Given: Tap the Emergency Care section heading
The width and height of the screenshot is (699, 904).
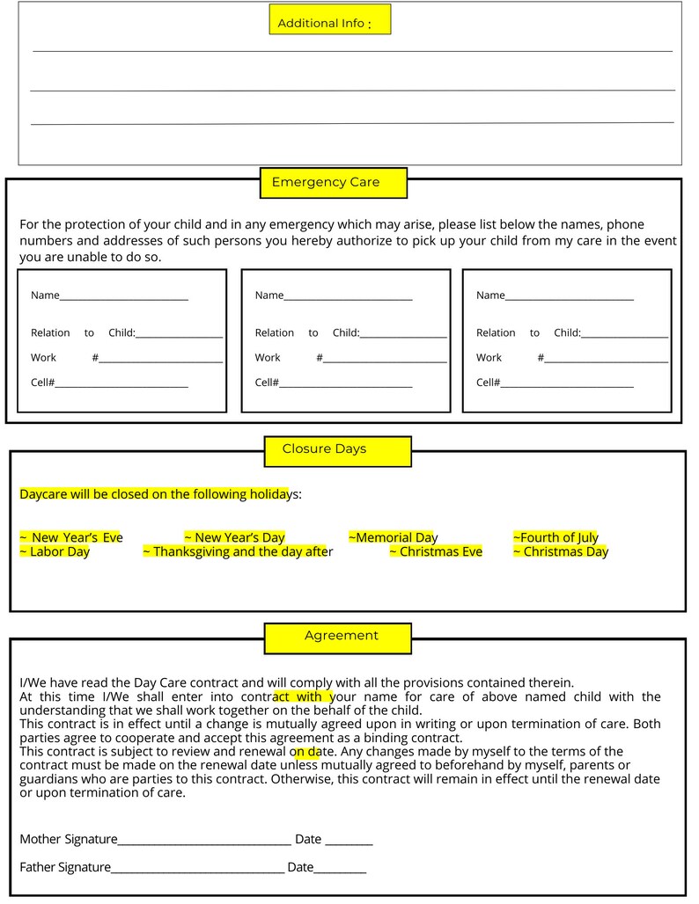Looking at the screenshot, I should click(333, 183).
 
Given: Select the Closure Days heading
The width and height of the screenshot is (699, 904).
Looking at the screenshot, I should click(337, 450).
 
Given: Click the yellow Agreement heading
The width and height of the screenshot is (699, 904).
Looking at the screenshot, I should click(337, 637).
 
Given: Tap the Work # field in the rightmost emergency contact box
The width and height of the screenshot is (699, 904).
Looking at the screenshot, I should click(606, 359).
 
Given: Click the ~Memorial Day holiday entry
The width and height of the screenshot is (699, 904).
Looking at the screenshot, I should click(393, 537).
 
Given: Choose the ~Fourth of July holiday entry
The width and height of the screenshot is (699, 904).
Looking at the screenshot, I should click(556, 537).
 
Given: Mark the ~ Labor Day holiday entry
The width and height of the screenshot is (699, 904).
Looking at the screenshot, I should click(55, 552).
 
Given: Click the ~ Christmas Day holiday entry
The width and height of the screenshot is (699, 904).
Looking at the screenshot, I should click(560, 552).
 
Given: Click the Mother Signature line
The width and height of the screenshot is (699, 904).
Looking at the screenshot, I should click(204, 841).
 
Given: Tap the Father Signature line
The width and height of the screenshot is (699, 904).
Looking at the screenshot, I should click(197, 869).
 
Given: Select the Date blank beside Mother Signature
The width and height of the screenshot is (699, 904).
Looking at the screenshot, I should click(349, 841).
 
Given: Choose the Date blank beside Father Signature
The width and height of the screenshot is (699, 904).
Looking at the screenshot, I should click(340, 869).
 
